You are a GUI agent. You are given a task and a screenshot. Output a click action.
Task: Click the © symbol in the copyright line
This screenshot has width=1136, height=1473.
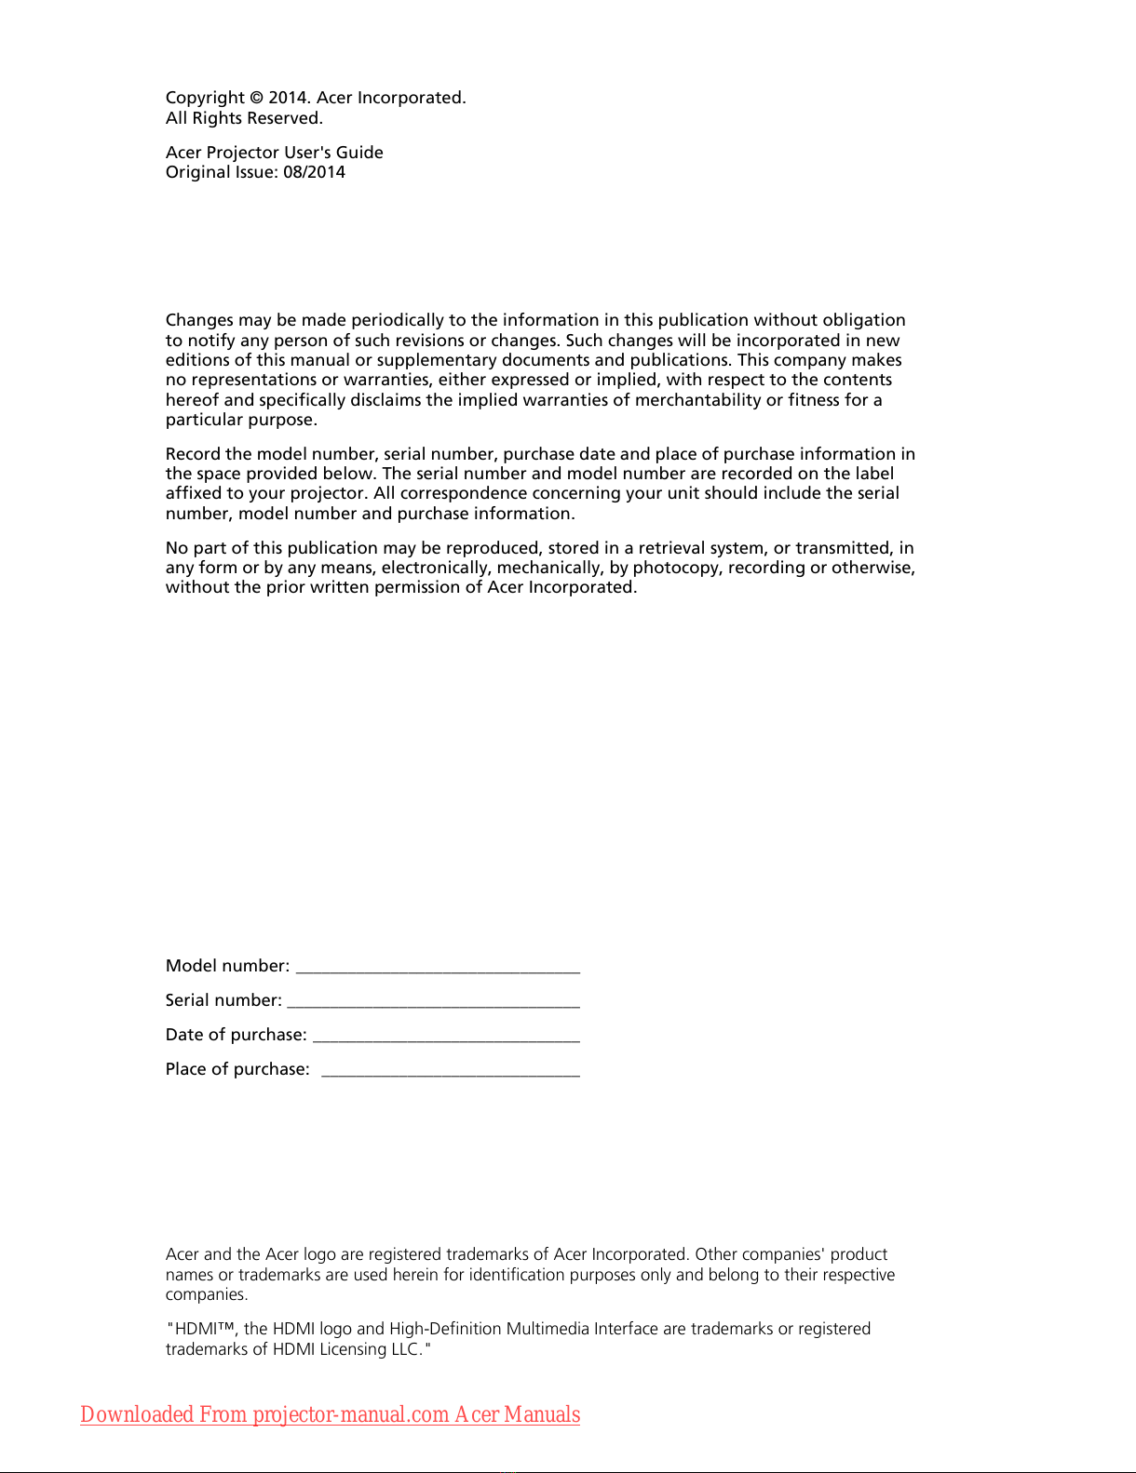256,98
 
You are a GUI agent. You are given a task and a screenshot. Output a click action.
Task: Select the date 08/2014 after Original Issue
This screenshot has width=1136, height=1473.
314,172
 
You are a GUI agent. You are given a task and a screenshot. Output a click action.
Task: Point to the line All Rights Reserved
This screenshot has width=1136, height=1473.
244,118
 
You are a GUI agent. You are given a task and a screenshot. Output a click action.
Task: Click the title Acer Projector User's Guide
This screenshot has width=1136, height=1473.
274,153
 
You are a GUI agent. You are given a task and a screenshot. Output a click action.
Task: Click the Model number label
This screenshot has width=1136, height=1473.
227,966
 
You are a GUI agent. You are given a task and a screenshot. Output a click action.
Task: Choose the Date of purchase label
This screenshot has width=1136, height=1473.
236,1035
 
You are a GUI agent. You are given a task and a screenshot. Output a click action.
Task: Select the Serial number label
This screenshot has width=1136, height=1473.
223,1000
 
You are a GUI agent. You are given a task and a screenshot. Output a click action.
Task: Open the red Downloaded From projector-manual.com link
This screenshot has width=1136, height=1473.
330,1414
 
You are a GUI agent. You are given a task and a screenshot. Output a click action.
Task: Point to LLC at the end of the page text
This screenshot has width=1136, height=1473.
404,1349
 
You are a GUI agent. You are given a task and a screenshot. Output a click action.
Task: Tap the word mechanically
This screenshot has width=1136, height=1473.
549,568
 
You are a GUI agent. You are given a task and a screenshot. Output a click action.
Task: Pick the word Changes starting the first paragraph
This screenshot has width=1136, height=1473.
199,320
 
